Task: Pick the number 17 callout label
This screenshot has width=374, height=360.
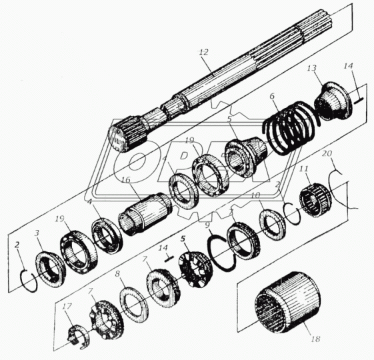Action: tap(65, 307)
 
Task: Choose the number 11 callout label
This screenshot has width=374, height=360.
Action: tap(303, 170)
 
